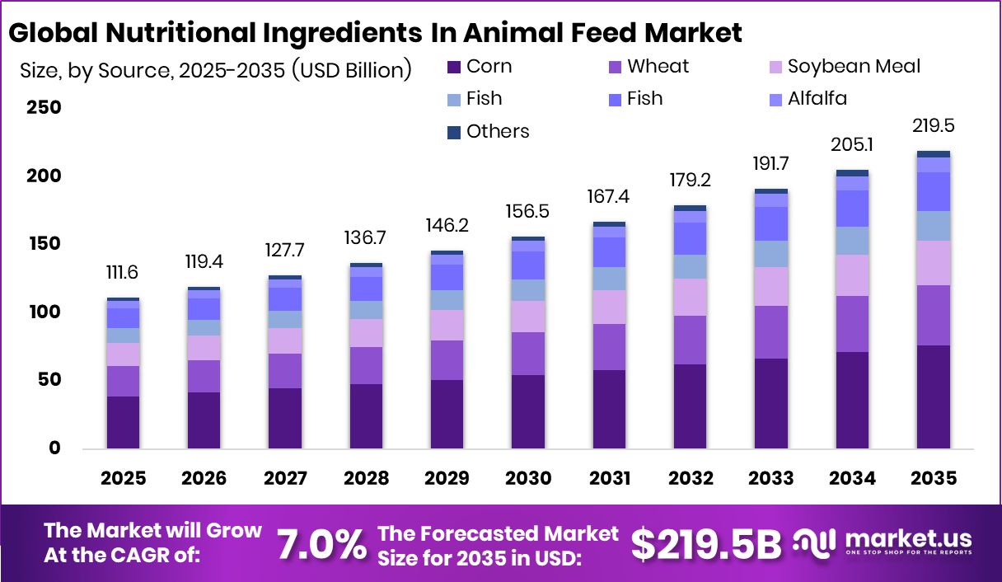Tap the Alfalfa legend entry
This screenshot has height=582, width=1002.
(x=816, y=99)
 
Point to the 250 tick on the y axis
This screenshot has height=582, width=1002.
(x=44, y=108)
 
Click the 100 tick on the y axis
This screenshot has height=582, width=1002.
(x=44, y=312)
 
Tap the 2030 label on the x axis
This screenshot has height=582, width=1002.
(x=527, y=479)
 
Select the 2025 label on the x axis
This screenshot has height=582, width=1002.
(x=124, y=479)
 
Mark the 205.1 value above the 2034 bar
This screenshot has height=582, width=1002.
(x=852, y=146)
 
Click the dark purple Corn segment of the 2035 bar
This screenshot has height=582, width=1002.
(x=933, y=397)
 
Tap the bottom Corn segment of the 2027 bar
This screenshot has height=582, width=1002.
(x=285, y=418)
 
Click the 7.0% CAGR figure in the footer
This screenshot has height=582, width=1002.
(x=321, y=544)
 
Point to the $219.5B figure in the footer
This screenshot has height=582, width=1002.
(x=706, y=544)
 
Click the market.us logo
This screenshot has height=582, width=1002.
(x=883, y=542)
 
